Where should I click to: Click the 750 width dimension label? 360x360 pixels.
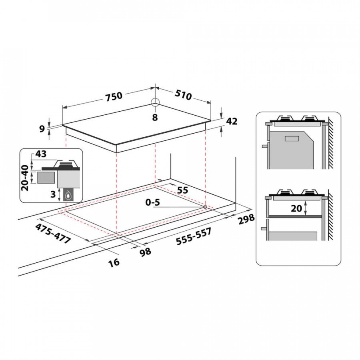click(x=114, y=96)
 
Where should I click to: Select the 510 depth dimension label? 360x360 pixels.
click(x=183, y=95)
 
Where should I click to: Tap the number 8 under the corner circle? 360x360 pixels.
click(x=155, y=117)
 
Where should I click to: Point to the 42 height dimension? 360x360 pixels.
click(x=232, y=121)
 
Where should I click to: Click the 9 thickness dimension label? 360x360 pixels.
click(x=42, y=129)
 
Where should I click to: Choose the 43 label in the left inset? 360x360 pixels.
click(x=41, y=154)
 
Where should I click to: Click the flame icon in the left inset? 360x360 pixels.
click(x=68, y=196)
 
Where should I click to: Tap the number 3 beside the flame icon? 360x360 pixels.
click(x=53, y=194)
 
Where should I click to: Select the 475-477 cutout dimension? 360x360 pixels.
click(x=53, y=234)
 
